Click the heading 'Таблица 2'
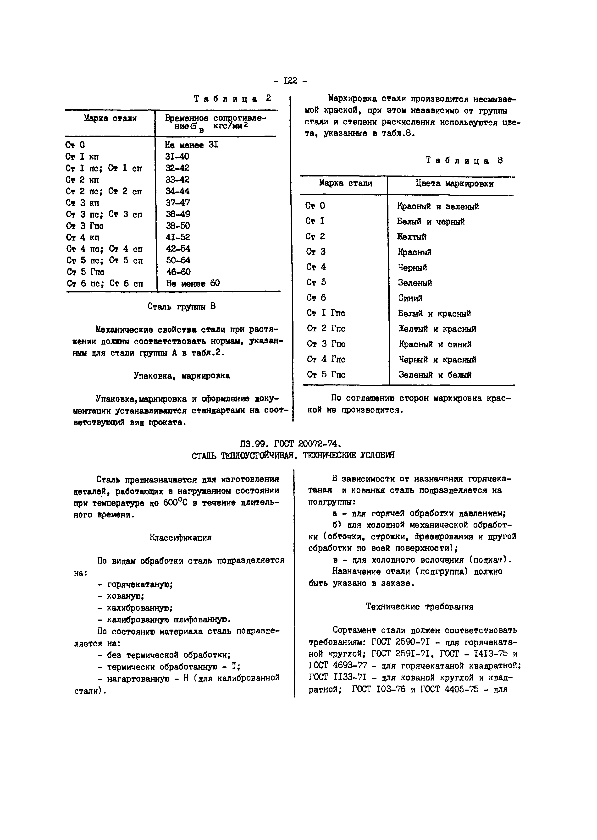232,99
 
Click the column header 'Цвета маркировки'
454,184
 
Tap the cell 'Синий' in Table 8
410,298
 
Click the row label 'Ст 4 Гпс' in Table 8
326,359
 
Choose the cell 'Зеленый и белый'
435,375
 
